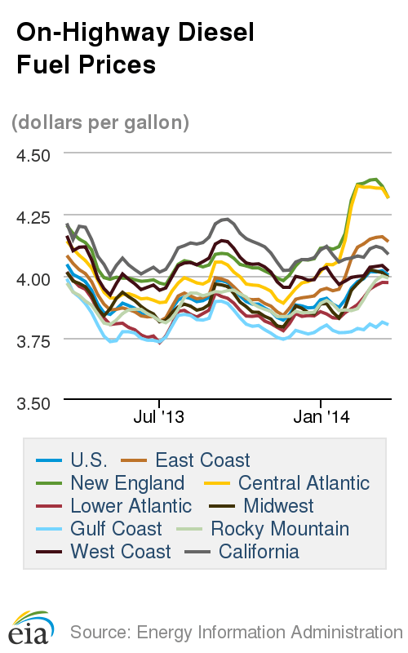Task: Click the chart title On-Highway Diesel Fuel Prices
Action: point(135,48)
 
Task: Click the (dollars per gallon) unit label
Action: point(100,122)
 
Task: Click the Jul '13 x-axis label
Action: point(158,417)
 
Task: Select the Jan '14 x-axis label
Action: point(322,417)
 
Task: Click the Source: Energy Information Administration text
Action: point(236,632)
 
